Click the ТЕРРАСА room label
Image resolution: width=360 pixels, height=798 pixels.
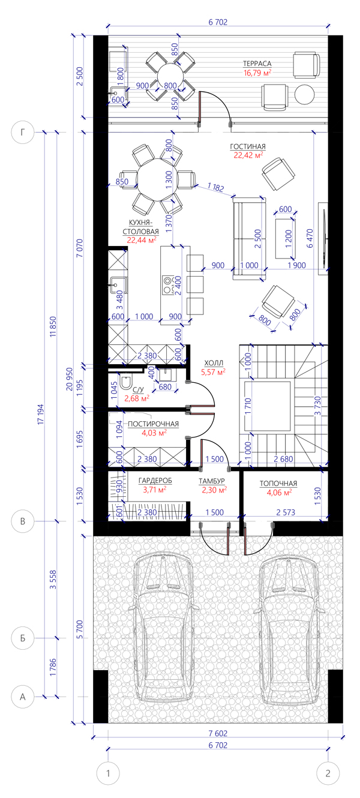tap(257, 64)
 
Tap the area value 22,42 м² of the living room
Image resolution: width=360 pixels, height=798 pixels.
tap(248, 155)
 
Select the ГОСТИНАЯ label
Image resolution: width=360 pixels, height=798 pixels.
tap(248, 146)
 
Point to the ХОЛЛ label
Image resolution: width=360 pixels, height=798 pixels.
tap(214, 363)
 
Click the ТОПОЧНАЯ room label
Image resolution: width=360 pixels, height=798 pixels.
tap(278, 484)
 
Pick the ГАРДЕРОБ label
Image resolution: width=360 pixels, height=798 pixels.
tap(155, 481)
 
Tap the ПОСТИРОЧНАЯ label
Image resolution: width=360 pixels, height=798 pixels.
tap(153, 424)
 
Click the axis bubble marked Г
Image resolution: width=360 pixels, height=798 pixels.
tap(23, 133)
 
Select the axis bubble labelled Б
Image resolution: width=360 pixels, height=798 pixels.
tap(23, 637)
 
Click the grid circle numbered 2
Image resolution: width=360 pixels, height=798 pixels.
tap(328, 784)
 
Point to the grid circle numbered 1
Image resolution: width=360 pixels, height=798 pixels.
tap(108, 784)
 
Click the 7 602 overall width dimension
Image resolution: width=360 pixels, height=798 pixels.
tap(218, 733)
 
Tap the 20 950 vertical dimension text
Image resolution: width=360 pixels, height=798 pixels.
tap(70, 379)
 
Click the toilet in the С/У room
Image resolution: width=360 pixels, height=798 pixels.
tap(126, 381)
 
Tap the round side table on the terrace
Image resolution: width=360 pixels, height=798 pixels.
tap(304, 94)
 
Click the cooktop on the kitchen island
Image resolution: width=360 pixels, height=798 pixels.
tap(167, 285)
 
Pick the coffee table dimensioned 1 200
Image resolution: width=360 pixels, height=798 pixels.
tap(285, 238)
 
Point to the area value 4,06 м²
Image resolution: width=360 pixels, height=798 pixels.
tap(280, 493)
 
